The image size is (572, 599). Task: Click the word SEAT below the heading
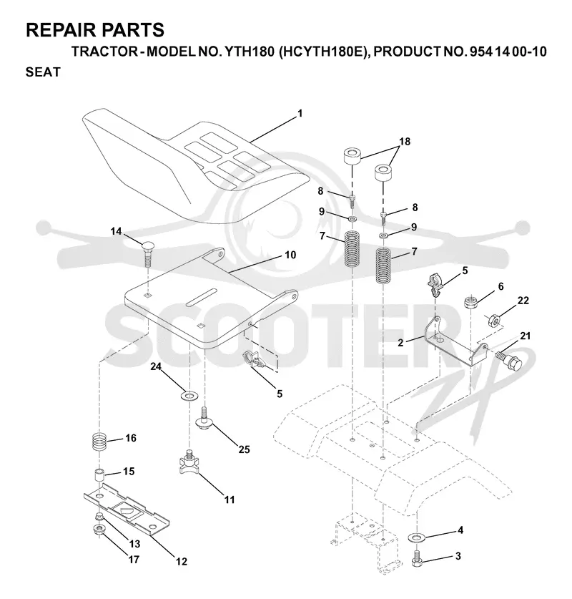coord(43,72)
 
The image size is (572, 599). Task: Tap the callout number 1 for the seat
coord(300,114)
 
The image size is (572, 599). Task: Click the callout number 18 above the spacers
coord(405,142)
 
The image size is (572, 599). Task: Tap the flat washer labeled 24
coord(188,395)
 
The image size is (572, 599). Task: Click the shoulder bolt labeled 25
coord(205,419)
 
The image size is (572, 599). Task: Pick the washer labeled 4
coord(417,537)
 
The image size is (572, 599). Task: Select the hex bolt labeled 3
coord(417,558)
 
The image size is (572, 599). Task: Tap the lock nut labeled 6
coord(471,303)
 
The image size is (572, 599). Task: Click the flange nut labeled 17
coord(99,530)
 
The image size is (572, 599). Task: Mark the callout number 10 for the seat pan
coord(290,255)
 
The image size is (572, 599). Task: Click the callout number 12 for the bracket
coord(182,561)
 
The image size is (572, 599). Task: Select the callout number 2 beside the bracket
coord(400,343)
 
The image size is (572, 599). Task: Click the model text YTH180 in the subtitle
coord(249,52)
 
